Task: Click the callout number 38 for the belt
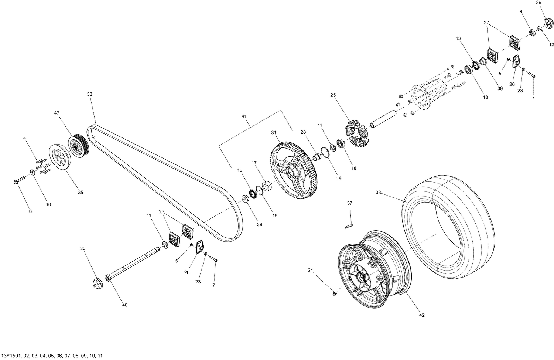[x=89, y=94]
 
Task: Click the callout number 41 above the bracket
[x=244, y=116]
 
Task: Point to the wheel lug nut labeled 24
[x=334, y=293]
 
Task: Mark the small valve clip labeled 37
[x=349, y=226]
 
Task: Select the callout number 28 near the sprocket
[x=303, y=132]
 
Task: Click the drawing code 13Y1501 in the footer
[x=11, y=356]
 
